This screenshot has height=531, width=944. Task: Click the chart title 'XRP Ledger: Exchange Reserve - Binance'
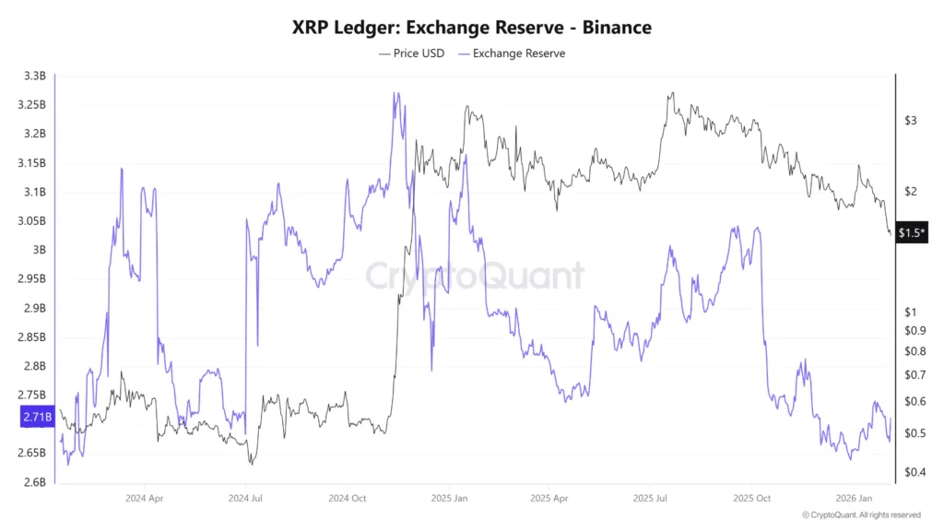coord(471,28)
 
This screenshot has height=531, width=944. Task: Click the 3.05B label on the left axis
coord(33,221)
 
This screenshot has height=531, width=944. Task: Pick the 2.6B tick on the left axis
coord(33,482)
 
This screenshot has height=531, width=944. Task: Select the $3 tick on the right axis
coord(911,121)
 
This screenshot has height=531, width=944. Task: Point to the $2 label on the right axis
coord(911,192)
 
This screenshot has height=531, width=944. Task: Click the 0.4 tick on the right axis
coord(913,473)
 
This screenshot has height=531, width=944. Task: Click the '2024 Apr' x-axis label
coord(144,498)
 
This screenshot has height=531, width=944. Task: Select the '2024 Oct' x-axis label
coord(347,498)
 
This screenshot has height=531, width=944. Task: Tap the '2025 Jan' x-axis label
coord(448,498)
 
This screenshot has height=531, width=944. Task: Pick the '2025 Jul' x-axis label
coord(649,498)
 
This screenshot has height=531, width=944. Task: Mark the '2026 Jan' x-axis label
coord(852,498)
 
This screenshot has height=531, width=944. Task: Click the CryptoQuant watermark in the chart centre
coord(475,276)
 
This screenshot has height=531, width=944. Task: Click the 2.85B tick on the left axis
coord(33,337)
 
